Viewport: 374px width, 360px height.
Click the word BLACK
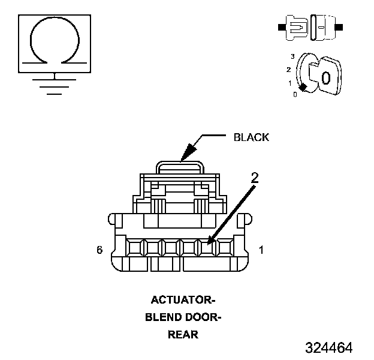(x=251, y=137)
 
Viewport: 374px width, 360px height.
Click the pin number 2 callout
(x=255, y=178)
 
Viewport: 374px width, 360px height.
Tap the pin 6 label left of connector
(x=99, y=249)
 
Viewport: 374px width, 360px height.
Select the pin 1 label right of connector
(x=261, y=249)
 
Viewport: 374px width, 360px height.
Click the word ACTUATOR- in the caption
(x=182, y=299)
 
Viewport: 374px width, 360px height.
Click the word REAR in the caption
(x=182, y=334)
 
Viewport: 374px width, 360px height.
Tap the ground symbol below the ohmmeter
(x=55, y=84)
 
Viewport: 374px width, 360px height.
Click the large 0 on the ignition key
(x=325, y=77)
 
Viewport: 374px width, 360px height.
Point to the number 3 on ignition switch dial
(x=292, y=56)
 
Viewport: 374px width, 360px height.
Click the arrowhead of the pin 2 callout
(x=209, y=242)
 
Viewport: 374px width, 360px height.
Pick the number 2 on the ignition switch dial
(x=289, y=69)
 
